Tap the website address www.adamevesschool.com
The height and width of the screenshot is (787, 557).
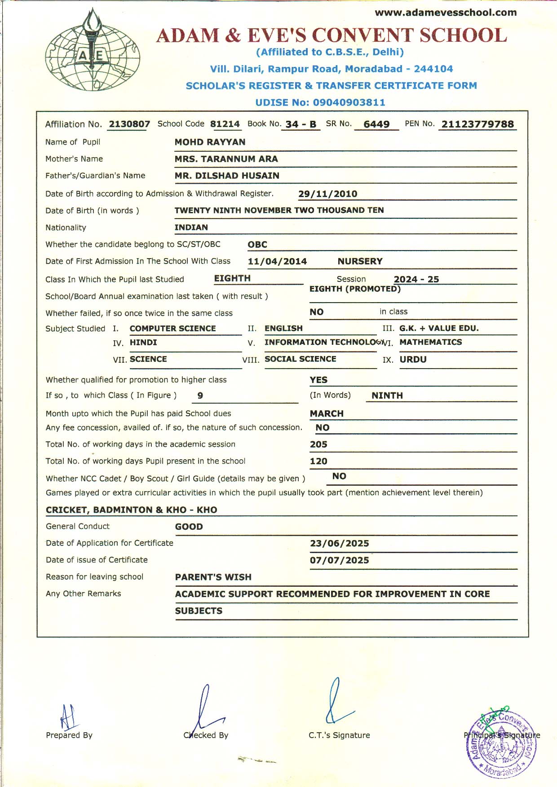[x=446, y=13]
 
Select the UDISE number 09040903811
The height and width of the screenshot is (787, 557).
[x=349, y=102]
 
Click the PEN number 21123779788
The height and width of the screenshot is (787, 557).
[x=477, y=124]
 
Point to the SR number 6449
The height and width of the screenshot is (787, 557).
[x=376, y=124]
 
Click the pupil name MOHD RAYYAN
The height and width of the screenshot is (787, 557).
[x=210, y=142]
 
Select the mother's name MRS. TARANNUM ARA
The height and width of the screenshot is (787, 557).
[x=226, y=159]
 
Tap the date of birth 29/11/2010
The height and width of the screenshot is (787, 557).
[x=327, y=194]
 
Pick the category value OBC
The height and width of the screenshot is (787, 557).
[x=257, y=245]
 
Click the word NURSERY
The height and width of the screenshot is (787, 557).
[x=360, y=261]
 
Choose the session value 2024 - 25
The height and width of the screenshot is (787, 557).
[x=416, y=279]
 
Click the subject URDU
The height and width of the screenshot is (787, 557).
[x=413, y=360]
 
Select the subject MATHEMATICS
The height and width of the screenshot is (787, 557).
[x=430, y=342]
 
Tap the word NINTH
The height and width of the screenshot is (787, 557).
[x=387, y=396]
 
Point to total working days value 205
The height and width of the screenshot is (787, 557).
[x=318, y=444]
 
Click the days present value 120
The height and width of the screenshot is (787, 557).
[x=318, y=461]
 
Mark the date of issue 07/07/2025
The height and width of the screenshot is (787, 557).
[x=339, y=560]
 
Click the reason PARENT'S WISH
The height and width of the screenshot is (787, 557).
[x=213, y=577]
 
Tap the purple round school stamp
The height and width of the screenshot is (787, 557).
[x=501, y=745]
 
